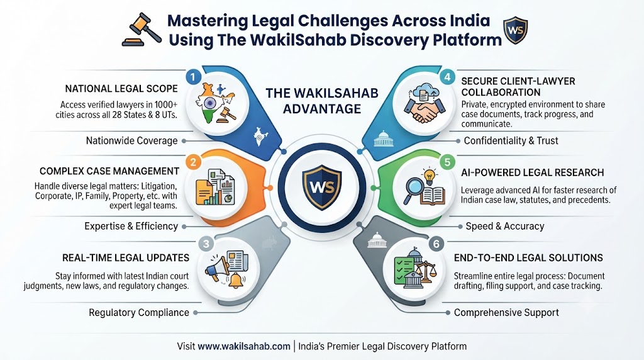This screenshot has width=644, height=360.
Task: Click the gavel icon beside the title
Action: [142, 30]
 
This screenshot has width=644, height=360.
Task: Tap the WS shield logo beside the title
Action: [516, 30]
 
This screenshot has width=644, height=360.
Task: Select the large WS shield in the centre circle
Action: [321, 187]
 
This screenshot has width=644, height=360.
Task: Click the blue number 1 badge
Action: [193, 76]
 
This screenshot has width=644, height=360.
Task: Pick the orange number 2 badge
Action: [193, 162]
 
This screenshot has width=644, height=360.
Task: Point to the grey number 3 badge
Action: [206, 244]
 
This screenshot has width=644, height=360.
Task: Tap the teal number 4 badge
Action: [447, 77]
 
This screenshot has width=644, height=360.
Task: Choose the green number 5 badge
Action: [447, 162]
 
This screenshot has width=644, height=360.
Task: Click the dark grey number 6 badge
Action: [436, 244]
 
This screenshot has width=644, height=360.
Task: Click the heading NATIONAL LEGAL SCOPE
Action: [121, 89]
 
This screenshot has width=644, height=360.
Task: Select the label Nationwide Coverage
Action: [132, 141]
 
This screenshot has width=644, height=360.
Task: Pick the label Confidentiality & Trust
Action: [511, 141]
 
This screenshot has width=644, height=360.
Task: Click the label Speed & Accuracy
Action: [505, 227]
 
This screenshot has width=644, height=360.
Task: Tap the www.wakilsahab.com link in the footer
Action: [244, 346]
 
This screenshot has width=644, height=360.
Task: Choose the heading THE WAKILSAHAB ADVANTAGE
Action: [322, 101]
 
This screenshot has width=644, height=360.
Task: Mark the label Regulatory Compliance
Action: [139, 313]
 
